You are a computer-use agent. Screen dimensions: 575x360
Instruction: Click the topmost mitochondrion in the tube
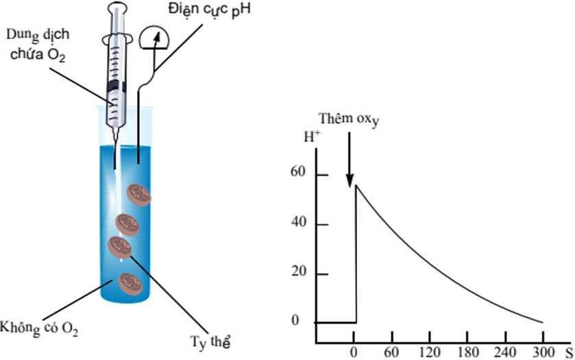(x=140, y=194)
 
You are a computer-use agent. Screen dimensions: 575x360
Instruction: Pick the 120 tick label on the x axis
(x=430, y=354)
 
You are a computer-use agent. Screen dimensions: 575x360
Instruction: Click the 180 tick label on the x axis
(x=468, y=354)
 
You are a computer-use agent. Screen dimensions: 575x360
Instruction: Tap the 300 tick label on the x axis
(x=543, y=354)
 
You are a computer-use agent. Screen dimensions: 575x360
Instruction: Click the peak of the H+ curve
(x=356, y=185)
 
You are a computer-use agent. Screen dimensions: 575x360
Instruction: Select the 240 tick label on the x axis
(x=506, y=354)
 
